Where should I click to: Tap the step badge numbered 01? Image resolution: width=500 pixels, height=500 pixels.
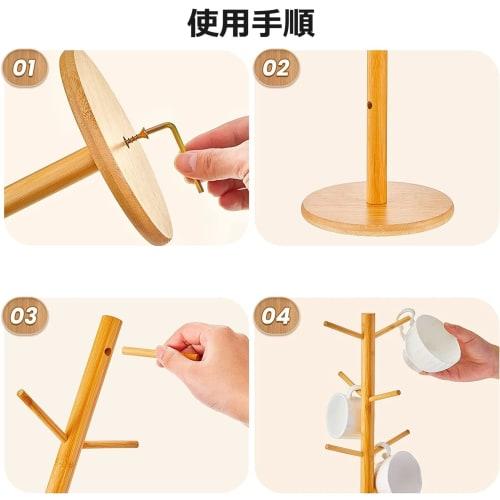click(x=25, y=69)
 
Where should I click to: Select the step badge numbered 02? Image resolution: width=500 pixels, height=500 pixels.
click(x=277, y=69)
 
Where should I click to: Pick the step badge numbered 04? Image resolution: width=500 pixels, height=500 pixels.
click(x=277, y=316)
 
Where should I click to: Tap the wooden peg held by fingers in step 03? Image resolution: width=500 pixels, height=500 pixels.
click(x=150, y=352)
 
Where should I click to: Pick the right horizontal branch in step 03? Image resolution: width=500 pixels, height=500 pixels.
click(x=110, y=443)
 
